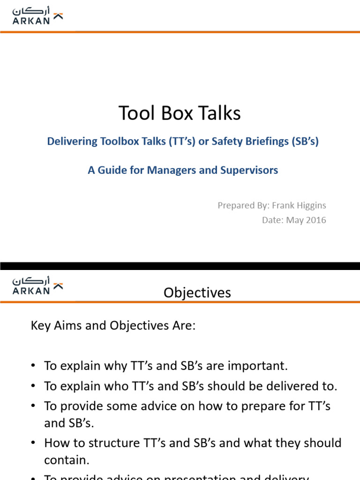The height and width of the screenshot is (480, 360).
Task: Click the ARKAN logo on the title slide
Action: [37, 15]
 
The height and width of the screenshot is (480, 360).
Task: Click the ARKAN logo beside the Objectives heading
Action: [37, 285]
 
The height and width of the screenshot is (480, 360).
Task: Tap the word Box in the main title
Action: [180, 113]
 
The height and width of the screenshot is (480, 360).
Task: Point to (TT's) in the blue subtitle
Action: [181, 142]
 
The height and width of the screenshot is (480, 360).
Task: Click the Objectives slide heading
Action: [197, 293]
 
